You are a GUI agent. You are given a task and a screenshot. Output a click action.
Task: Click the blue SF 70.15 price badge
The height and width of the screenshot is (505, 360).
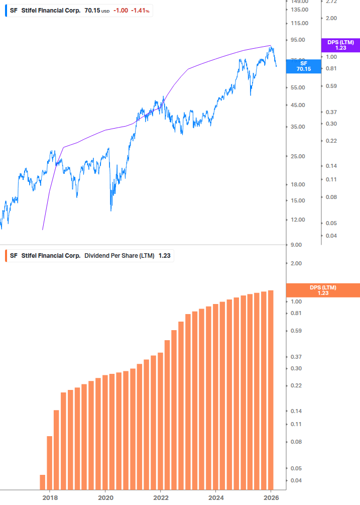(x=303, y=66)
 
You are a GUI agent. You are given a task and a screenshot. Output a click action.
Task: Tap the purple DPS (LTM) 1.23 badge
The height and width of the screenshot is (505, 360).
(x=340, y=45)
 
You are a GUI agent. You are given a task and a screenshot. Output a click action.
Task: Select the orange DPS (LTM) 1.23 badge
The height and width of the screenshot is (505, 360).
(x=322, y=290)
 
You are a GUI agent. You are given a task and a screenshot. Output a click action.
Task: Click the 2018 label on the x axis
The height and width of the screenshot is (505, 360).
(x=50, y=497)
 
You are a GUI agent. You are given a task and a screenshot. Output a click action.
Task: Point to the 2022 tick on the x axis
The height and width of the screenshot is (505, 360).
(x=160, y=497)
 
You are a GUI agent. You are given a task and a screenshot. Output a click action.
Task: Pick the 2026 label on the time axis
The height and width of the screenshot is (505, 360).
(x=271, y=497)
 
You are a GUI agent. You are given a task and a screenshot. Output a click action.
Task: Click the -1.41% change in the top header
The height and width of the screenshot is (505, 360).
(x=140, y=11)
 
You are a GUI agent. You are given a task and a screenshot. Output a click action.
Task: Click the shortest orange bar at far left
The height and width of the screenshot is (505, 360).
(x=43, y=482)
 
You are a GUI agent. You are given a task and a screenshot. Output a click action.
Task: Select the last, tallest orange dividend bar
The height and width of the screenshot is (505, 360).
(x=271, y=389)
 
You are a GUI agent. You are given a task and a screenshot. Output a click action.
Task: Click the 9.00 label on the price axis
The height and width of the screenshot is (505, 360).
(x=296, y=245)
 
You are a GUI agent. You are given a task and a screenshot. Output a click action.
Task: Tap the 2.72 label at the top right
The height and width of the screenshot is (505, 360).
(x=331, y=2)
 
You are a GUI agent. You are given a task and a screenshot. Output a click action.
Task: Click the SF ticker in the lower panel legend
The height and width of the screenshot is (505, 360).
(x=14, y=256)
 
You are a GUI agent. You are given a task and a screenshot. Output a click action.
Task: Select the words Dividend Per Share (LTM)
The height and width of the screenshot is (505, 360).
(x=119, y=256)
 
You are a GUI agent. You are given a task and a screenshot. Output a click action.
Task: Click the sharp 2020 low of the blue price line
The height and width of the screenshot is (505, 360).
(x=111, y=210)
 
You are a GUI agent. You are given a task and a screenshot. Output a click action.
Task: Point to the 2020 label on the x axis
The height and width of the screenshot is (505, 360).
(x=105, y=497)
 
